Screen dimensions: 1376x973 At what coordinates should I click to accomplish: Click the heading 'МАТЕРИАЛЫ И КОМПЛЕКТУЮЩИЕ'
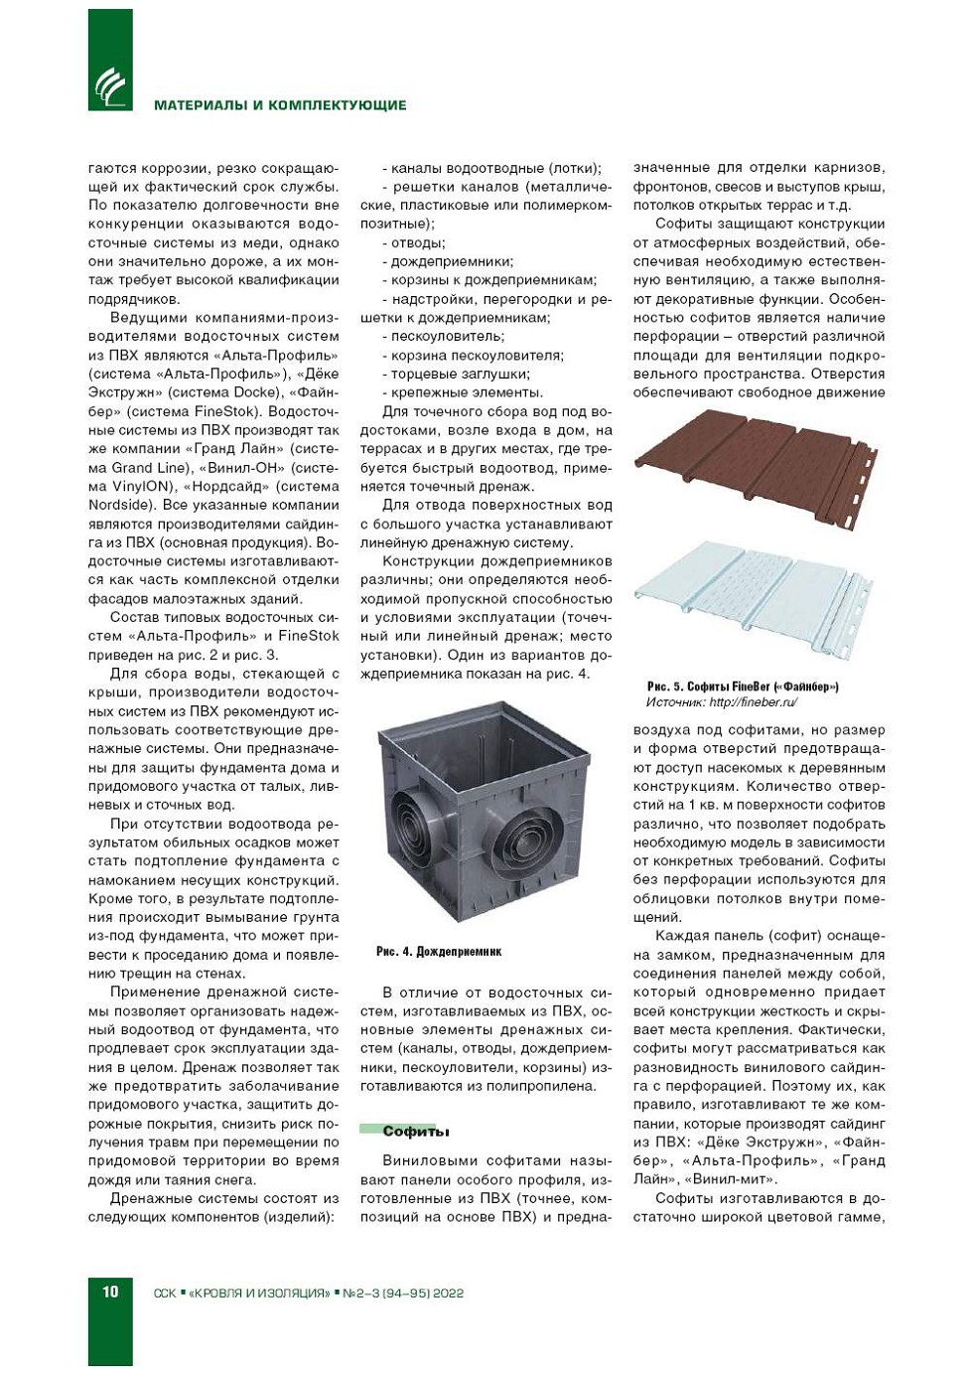pyautogui.click(x=280, y=105)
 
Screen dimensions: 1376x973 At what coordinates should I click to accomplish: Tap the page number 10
pyautogui.click(x=109, y=1292)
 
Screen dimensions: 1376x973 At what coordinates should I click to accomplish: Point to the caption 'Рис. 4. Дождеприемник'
pyautogui.click(x=439, y=952)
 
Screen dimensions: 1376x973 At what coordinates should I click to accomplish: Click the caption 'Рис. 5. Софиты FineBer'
pyautogui.click(x=743, y=687)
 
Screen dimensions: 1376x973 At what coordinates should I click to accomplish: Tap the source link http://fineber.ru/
pyautogui.click(x=754, y=702)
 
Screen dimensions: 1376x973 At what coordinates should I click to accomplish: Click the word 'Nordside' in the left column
pyautogui.click(x=122, y=505)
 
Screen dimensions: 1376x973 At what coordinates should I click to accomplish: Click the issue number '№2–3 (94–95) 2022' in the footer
pyautogui.click(x=403, y=1293)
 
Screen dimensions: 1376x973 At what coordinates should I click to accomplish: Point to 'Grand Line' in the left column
pyautogui.click(x=149, y=468)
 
